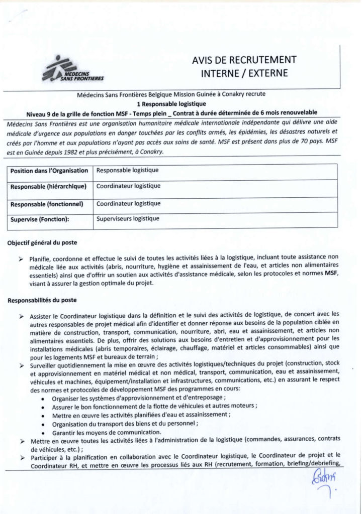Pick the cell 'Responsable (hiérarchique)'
pyautogui.click(x=48, y=187)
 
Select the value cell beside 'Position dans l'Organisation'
pyautogui.click(x=128, y=170)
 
